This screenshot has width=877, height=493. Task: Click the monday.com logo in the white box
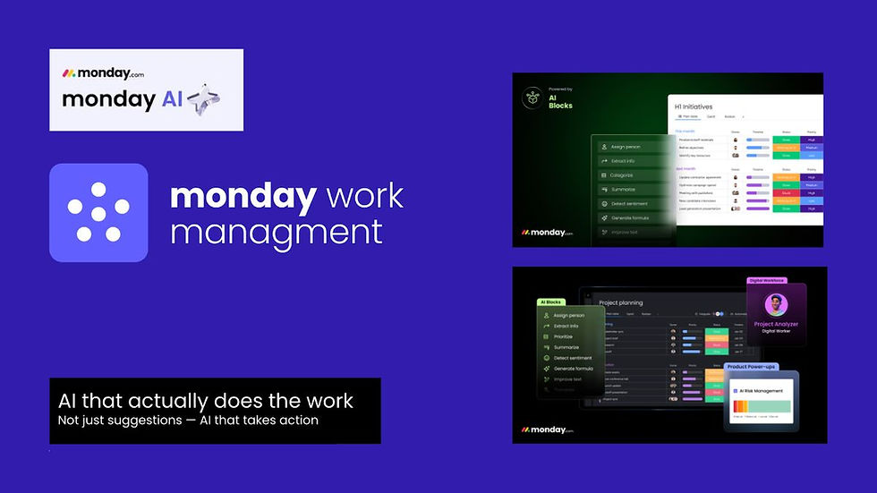[x=103, y=73]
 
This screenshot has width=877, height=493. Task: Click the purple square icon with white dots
[x=98, y=213]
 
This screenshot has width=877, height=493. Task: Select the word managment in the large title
[x=276, y=232]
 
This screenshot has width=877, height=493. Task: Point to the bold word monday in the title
[x=243, y=196]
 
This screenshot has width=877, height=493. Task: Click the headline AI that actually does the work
[x=206, y=401]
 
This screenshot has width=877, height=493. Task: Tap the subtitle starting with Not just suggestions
[x=188, y=420]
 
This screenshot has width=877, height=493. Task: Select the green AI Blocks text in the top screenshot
[x=560, y=101]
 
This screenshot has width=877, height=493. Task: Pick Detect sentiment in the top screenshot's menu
[x=629, y=203]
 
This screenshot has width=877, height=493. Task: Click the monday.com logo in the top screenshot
[x=547, y=232]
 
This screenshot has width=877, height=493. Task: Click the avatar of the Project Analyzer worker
[x=776, y=304]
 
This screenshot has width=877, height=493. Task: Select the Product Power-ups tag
[x=749, y=367]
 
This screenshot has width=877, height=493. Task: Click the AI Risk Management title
[x=762, y=391]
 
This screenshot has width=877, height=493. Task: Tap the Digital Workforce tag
[x=771, y=280]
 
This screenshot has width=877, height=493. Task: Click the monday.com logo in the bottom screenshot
[x=547, y=430]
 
